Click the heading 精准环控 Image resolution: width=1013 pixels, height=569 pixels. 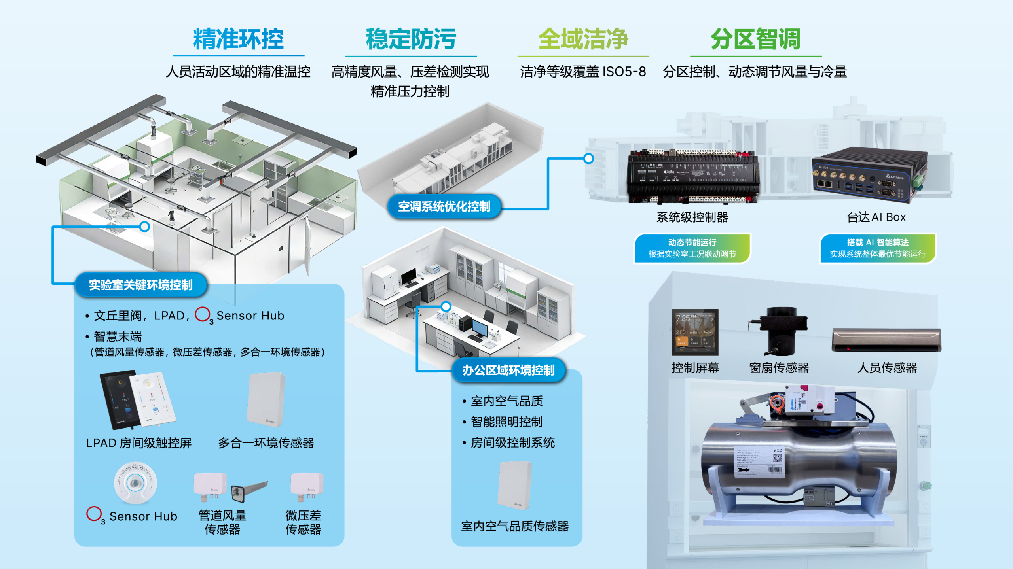(x=238, y=39)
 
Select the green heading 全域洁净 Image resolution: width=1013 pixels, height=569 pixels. (x=583, y=39)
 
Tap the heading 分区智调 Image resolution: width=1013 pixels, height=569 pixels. (x=755, y=39)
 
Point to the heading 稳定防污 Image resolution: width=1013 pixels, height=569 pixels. (x=411, y=39)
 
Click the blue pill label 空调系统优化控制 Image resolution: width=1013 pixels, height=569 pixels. (x=444, y=206)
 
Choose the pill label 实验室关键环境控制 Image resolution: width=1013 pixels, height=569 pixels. (x=140, y=285)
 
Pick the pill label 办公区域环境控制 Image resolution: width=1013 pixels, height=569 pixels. (x=508, y=370)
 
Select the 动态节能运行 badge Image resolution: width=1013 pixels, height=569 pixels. (x=692, y=248)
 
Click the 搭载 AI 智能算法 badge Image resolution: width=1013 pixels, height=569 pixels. (x=877, y=248)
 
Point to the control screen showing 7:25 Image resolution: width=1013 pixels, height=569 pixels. (x=695, y=332)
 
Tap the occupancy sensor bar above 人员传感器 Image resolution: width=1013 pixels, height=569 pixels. (x=886, y=340)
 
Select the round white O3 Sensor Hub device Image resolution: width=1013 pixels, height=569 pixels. (x=135, y=483)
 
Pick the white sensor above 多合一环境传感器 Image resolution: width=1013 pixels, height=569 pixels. (x=266, y=399)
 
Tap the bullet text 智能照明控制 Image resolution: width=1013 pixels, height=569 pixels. (x=506, y=422)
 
